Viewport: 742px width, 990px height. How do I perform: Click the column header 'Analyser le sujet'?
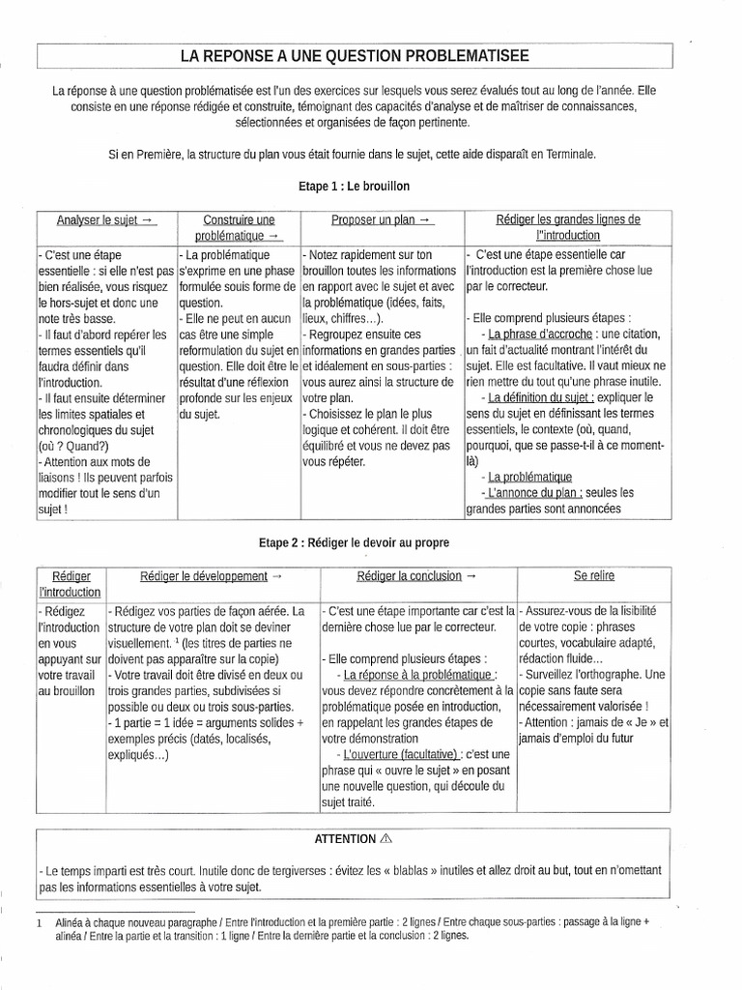pyautogui.click(x=106, y=219)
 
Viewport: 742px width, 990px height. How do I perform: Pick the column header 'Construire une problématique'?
pyautogui.click(x=239, y=227)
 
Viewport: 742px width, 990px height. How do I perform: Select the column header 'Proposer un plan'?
pyautogui.click(x=383, y=219)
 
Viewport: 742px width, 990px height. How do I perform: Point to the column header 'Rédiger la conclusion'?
pyautogui.click(x=416, y=576)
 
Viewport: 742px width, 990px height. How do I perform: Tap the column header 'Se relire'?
pyautogui.click(x=593, y=576)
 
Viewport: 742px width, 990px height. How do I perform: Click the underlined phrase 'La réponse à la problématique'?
pyautogui.click(x=420, y=675)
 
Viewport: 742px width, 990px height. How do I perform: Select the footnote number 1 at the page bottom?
pyautogui.click(x=39, y=922)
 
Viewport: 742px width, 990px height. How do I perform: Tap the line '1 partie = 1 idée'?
pyautogui.click(x=157, y=723)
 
